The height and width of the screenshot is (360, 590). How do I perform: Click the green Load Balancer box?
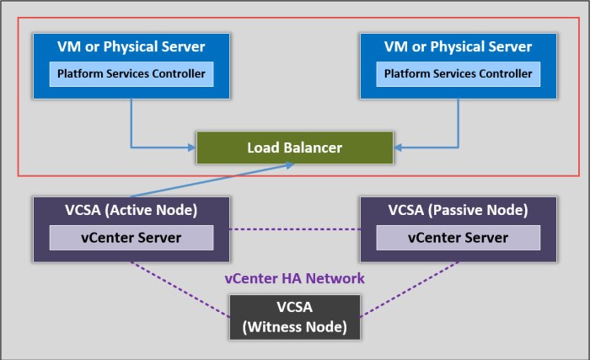point(294,148)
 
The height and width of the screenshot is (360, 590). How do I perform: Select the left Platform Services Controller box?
point(131,74)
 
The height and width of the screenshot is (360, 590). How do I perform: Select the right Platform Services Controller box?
point(458,74)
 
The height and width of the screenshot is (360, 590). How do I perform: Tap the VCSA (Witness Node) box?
point(295,317)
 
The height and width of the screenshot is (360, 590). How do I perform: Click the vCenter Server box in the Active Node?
point(131,238)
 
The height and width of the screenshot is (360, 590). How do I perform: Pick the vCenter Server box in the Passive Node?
point(458,238)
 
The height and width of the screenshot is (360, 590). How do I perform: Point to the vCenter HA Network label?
point(295,278)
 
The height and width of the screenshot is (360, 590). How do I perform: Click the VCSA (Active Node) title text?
point(131,210)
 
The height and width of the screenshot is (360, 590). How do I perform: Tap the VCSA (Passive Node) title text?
point(458,210)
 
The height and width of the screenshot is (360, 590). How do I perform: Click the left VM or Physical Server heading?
point(131,47)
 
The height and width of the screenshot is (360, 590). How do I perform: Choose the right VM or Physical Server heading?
point(458,47)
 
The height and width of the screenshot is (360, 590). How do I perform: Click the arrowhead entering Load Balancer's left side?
point(192,148)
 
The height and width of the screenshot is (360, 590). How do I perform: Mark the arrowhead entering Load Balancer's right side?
point(398,148)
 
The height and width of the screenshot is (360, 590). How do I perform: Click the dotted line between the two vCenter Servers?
point(294,229)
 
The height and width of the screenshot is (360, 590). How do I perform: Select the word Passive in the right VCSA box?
point(464,210)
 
